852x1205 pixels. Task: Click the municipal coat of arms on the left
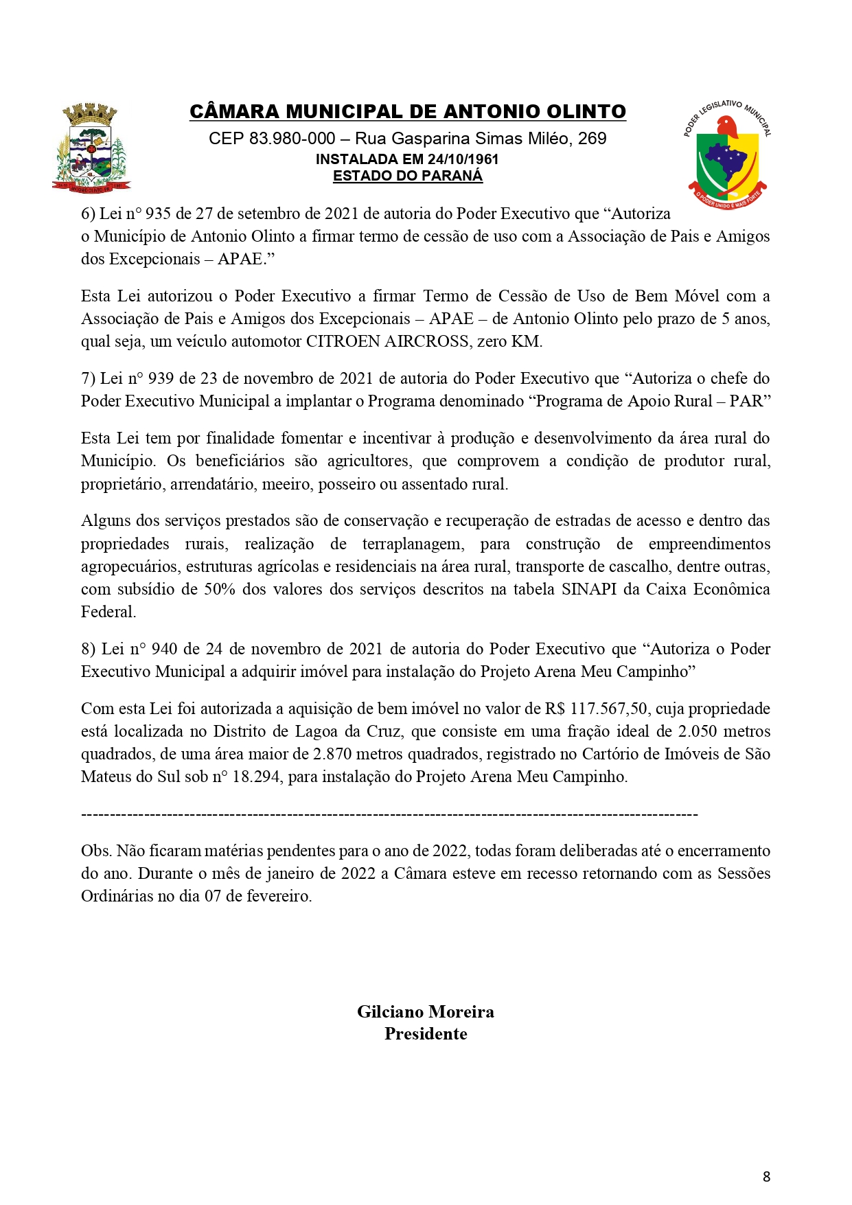tap(91, 148)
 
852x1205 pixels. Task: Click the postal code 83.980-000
tap(292, 139)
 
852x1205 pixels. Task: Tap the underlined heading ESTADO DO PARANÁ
tap(408, 176)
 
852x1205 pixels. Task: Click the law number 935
tap(158, 214)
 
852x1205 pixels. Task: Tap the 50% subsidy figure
tap(220, 589)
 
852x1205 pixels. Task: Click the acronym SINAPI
tap(588, 589)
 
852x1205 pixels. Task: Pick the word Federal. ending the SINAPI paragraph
tap(108, 612)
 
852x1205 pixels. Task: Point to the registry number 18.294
tap(256, 777)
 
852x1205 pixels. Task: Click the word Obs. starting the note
tap(95, 851)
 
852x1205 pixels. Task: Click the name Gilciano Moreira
tap(426, 1011)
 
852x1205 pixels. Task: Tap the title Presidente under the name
tap(426, 1033)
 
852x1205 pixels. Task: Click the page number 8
tap(766, 1176)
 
